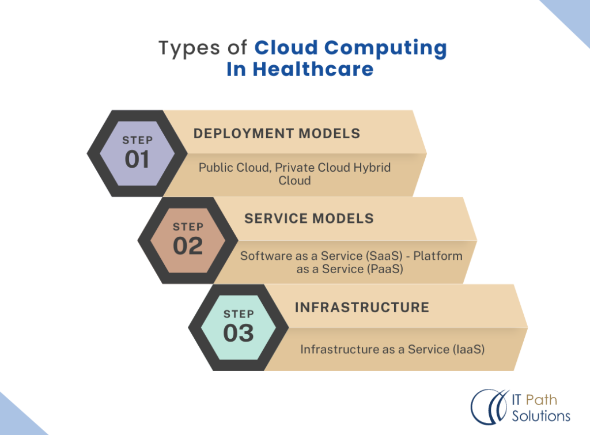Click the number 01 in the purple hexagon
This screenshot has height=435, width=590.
(x=137, y=159)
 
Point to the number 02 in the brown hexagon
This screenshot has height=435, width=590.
(x=188, y=246)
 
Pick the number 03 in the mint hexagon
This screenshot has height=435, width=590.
(x=239, y=333)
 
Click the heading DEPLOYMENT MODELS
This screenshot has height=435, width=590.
(x=277, y=134)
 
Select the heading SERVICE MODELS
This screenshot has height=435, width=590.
(x=309, y=219)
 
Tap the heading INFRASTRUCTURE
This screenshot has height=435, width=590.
(x=362, y=307)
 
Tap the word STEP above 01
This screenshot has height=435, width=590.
(x=137, y=140)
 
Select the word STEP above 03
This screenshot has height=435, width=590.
(x=239, y=314)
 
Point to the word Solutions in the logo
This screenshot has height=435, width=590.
(x=540, y=416)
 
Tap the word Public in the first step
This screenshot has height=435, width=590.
(x=216, y=168)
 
